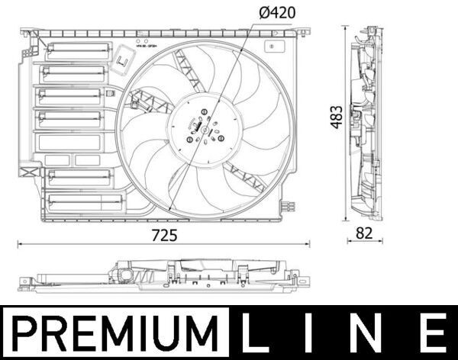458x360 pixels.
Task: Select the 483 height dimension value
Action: (337, 116)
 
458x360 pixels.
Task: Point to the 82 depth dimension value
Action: (365, 235)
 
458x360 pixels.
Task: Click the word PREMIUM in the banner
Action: (114, 333)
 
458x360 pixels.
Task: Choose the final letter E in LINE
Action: (434, 333)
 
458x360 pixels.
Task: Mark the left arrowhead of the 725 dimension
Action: (20, 245)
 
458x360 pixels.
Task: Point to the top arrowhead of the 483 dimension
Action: (347, 29)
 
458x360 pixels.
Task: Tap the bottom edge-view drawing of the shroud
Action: (164, 276)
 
